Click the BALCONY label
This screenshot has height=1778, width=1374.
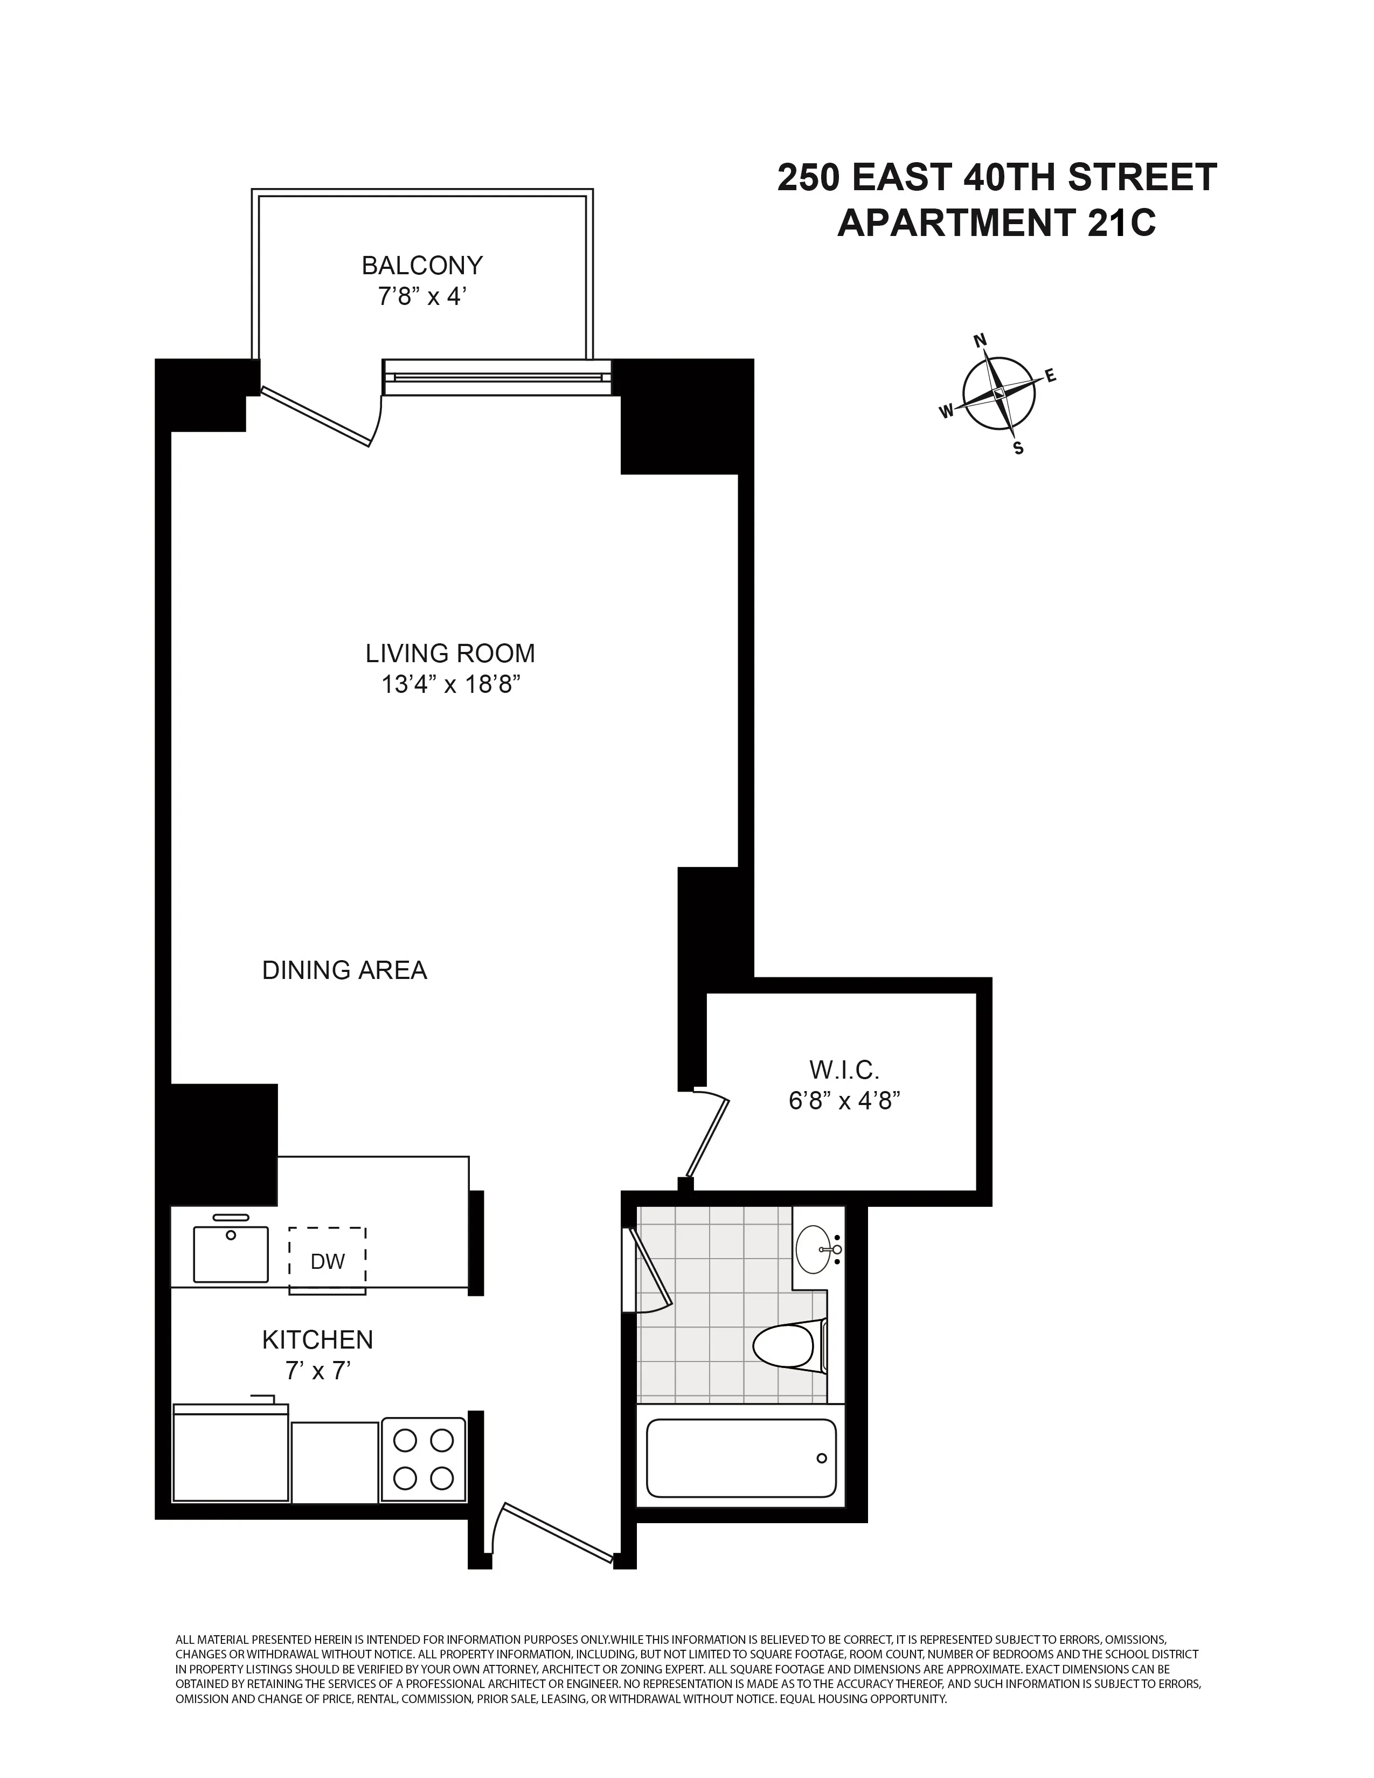[x=422, y=266]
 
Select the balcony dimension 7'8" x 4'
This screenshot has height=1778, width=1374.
[x=422, y=296]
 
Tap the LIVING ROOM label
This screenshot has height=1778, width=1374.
[x=450, y=653]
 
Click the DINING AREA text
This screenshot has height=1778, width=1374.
[x=344, y=970]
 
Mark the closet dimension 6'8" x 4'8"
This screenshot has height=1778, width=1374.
[x=844, y=1101]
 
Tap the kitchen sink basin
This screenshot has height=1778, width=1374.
[x=231, y=1254]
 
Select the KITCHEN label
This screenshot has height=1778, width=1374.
[x=317, y=1339]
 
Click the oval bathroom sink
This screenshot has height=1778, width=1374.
[x=816, y=1249]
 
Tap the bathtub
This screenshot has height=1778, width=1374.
[x=741, y=1458]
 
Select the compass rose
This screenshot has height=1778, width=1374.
[x=999, y=393]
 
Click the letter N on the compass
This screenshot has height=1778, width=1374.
[x=981, y=341]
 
